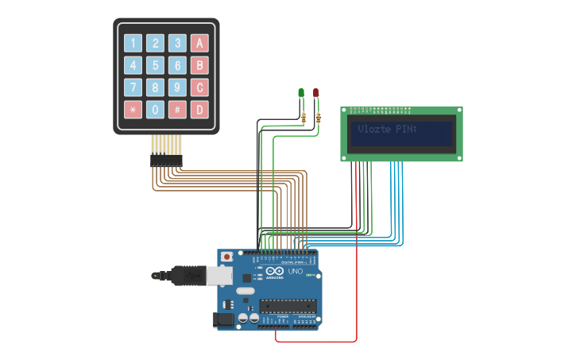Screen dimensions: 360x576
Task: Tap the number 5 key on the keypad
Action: click(156, 65)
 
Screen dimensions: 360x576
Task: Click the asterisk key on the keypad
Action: click(133, 109)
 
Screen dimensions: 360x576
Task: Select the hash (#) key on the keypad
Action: click(178, 109)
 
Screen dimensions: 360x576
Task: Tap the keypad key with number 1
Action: click(133, 43)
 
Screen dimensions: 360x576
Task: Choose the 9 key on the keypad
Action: click(178, 87)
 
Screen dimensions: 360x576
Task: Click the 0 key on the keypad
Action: click(156, 109)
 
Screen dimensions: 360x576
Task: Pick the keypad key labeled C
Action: click(200, 87)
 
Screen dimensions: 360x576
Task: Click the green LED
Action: click(301, 93)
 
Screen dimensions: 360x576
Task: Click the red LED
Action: click(315, 93)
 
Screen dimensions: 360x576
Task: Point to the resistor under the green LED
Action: click(304, 118)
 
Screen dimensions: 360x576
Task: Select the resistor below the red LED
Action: click(319, 118)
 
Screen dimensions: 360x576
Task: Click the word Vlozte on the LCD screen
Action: click(374, 129)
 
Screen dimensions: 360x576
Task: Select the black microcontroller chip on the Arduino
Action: click(288, 305)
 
